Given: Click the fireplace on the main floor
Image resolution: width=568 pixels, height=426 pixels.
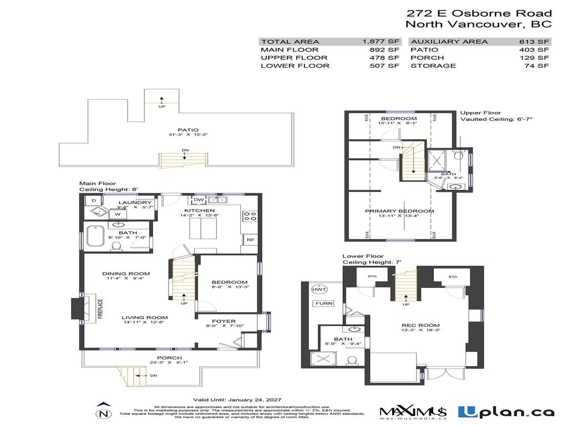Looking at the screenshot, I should point(77,308).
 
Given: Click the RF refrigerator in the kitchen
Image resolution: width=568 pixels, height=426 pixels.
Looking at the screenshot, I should point(250,240).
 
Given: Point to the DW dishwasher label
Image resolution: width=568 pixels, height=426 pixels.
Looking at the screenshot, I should point(198,200).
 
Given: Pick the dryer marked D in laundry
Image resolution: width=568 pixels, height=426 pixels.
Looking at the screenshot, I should point(93,200).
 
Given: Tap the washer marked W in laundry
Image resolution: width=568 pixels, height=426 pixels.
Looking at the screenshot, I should point(118,214).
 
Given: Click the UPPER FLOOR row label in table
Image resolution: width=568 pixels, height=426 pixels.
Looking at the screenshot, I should point(287,58).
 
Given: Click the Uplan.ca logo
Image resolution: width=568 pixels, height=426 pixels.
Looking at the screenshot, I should point(505,412).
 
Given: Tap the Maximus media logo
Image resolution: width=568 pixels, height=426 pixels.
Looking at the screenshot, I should point(413,412).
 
